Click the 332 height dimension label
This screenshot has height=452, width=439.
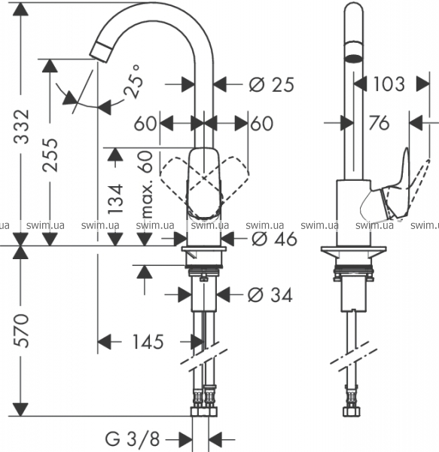point(21,127)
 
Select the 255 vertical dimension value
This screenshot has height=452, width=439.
point(50,155)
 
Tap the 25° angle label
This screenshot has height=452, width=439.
point(133,81)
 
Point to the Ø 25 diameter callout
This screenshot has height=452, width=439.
point(271,84)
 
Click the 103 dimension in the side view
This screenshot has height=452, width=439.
point(389,84)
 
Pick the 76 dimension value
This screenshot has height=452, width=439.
point(379,123)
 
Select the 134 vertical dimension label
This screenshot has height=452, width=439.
point(115,199)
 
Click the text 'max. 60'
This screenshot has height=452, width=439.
point(147,185)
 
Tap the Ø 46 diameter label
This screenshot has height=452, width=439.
point(274,239)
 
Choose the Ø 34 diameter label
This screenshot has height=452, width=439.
point(270,295)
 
